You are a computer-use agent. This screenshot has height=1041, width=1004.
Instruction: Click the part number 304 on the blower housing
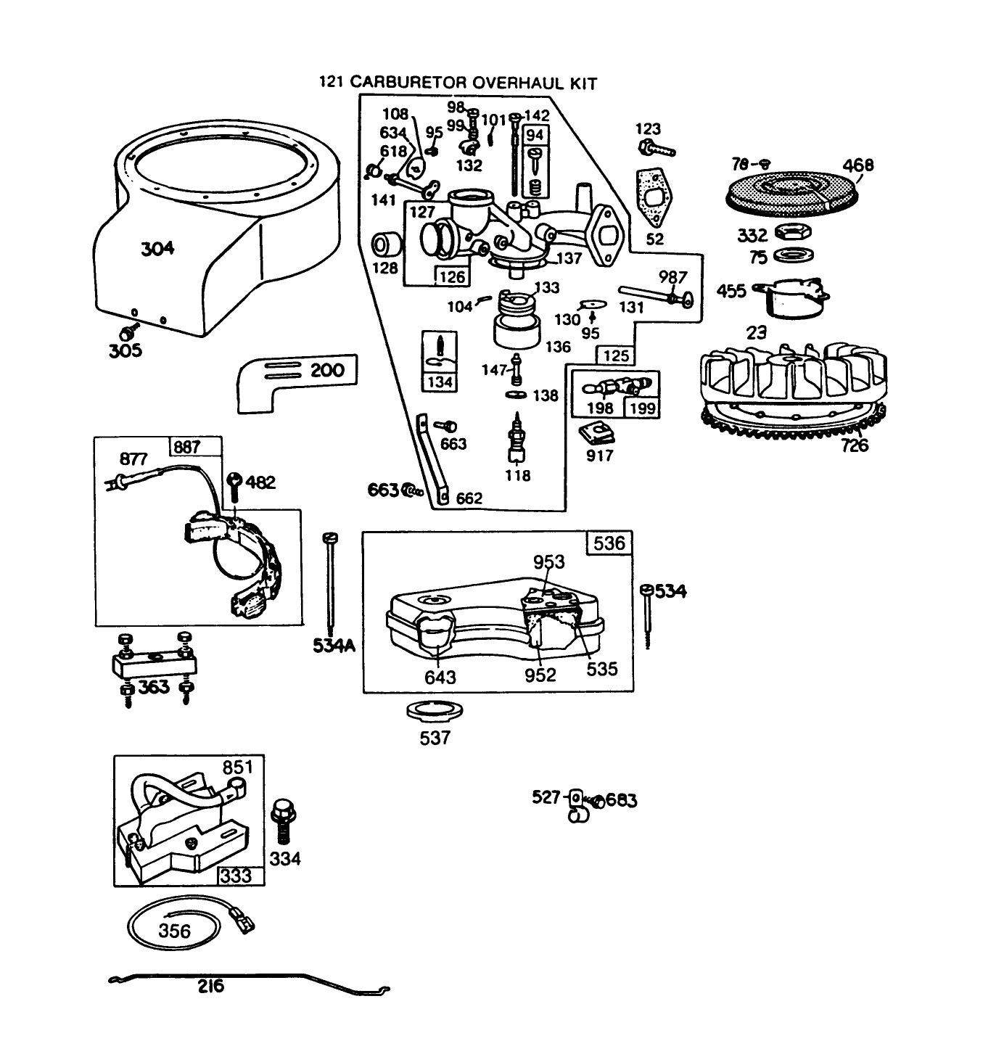pyautogui.click(x=157, y=248)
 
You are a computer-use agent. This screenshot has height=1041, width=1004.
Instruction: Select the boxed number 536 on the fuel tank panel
pyautogui.click(x=609, y=543)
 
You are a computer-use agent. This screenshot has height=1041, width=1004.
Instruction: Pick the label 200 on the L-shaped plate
pyautogui.click(x=326, y=370)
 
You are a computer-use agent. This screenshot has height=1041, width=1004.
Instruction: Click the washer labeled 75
pyautogui.click(x=793, y=255)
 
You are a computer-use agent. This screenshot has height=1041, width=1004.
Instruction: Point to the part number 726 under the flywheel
pyautogui.click(x=855, y=445)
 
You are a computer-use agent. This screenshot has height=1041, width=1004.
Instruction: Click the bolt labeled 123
pyautogui.click(x=657, y=149)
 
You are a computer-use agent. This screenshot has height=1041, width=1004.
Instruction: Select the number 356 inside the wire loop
pyautogui.click(x=174, y=931)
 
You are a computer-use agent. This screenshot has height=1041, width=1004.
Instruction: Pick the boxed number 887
pyautogui.click(x=186, y=447)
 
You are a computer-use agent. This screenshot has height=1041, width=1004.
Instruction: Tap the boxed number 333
pyautogui.click(x=236, y=876)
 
